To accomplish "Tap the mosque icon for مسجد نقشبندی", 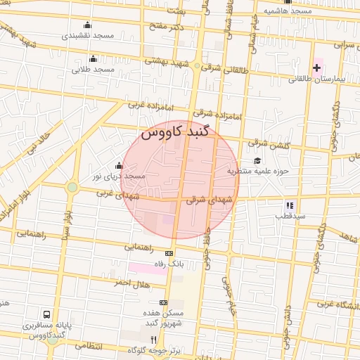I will pyautogui.click(x=87, y=25).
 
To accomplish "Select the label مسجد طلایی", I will pyautogui.click(x=93, y=70).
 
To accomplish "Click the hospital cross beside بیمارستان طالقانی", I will pyautogui.click(x=316, y=68).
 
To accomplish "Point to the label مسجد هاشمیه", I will pyautogui.click(x=288, y=11).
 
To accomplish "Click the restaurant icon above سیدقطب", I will pyautogui.click(x=290, y=205).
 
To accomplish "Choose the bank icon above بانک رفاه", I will pyautogui.click(x=169, y=253).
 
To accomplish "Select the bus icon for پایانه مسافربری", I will pyautogui.click(x=46, y=314).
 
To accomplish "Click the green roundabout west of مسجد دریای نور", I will pyautogui.click(x=72, y=187).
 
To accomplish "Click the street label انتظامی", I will pyautogui.click(x=88, y=347).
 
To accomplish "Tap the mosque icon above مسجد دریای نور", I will pyautogui.click(x=118, y=165).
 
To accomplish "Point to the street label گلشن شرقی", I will pyautogui.click(x=267, y=143).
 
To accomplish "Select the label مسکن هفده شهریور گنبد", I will pyautogui.click(x=163, y=317).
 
